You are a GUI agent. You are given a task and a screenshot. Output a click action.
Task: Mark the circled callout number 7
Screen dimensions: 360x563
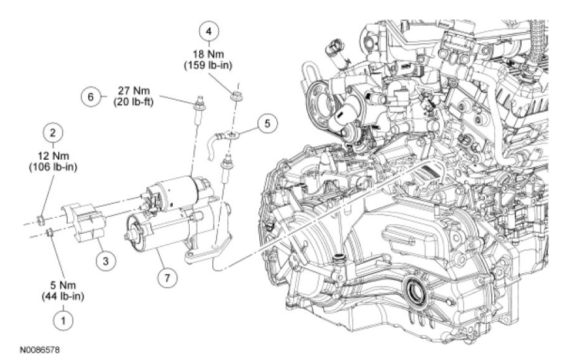167,277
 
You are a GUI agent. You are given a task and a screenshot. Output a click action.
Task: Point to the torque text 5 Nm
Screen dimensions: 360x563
60,285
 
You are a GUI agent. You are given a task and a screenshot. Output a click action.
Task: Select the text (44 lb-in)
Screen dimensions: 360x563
60,295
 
